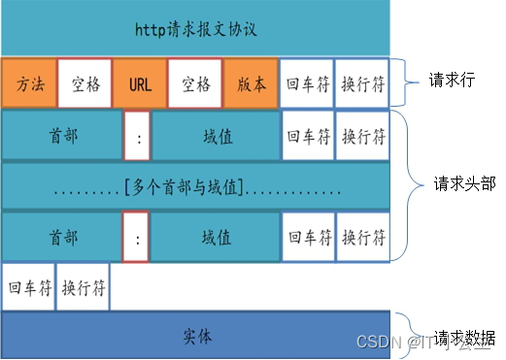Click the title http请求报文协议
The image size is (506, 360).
click(x=195, y=27)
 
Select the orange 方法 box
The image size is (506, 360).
click(x=28, y=83)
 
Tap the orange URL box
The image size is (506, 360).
click(x=140, y=83)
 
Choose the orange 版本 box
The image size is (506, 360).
click(x=251, y=83)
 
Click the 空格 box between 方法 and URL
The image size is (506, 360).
click(x=84, y=83)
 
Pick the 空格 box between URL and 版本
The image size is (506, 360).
click(x=195, y=83)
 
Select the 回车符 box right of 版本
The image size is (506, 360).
click(x=307, y=83)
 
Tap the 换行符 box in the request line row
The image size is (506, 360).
click(x=362, y=83)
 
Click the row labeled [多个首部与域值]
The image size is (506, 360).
click(x=195, y=185)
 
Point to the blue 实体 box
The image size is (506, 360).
click(x=195, y=336)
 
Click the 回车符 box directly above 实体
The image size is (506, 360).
click(x=27, y=287)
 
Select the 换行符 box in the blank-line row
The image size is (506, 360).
click(x=84, y=287)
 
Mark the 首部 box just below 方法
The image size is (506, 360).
click(x=60, y=136)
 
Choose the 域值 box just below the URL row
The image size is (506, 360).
click(x=215, y=136)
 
